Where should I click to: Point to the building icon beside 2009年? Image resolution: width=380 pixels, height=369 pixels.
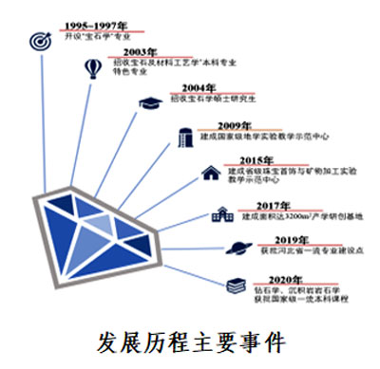pyautogui.click(x=185, y=137)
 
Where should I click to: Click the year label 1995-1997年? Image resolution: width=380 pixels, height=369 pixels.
pyautogui.click(x=94, y=26)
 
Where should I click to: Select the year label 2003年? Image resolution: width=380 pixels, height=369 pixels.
pyautogui.click(x=140, y=52)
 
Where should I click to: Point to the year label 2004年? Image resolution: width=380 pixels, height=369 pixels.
pyautogui.click(x=186, y=88)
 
